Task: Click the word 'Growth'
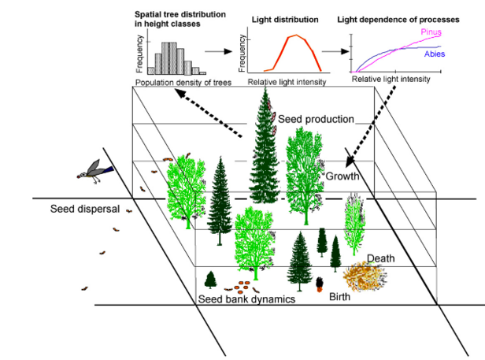[x=342, y=176]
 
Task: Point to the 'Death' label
[x=380, y=258]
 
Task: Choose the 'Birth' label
[x=339, y=297]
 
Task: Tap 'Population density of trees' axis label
[x=183, y=82]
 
